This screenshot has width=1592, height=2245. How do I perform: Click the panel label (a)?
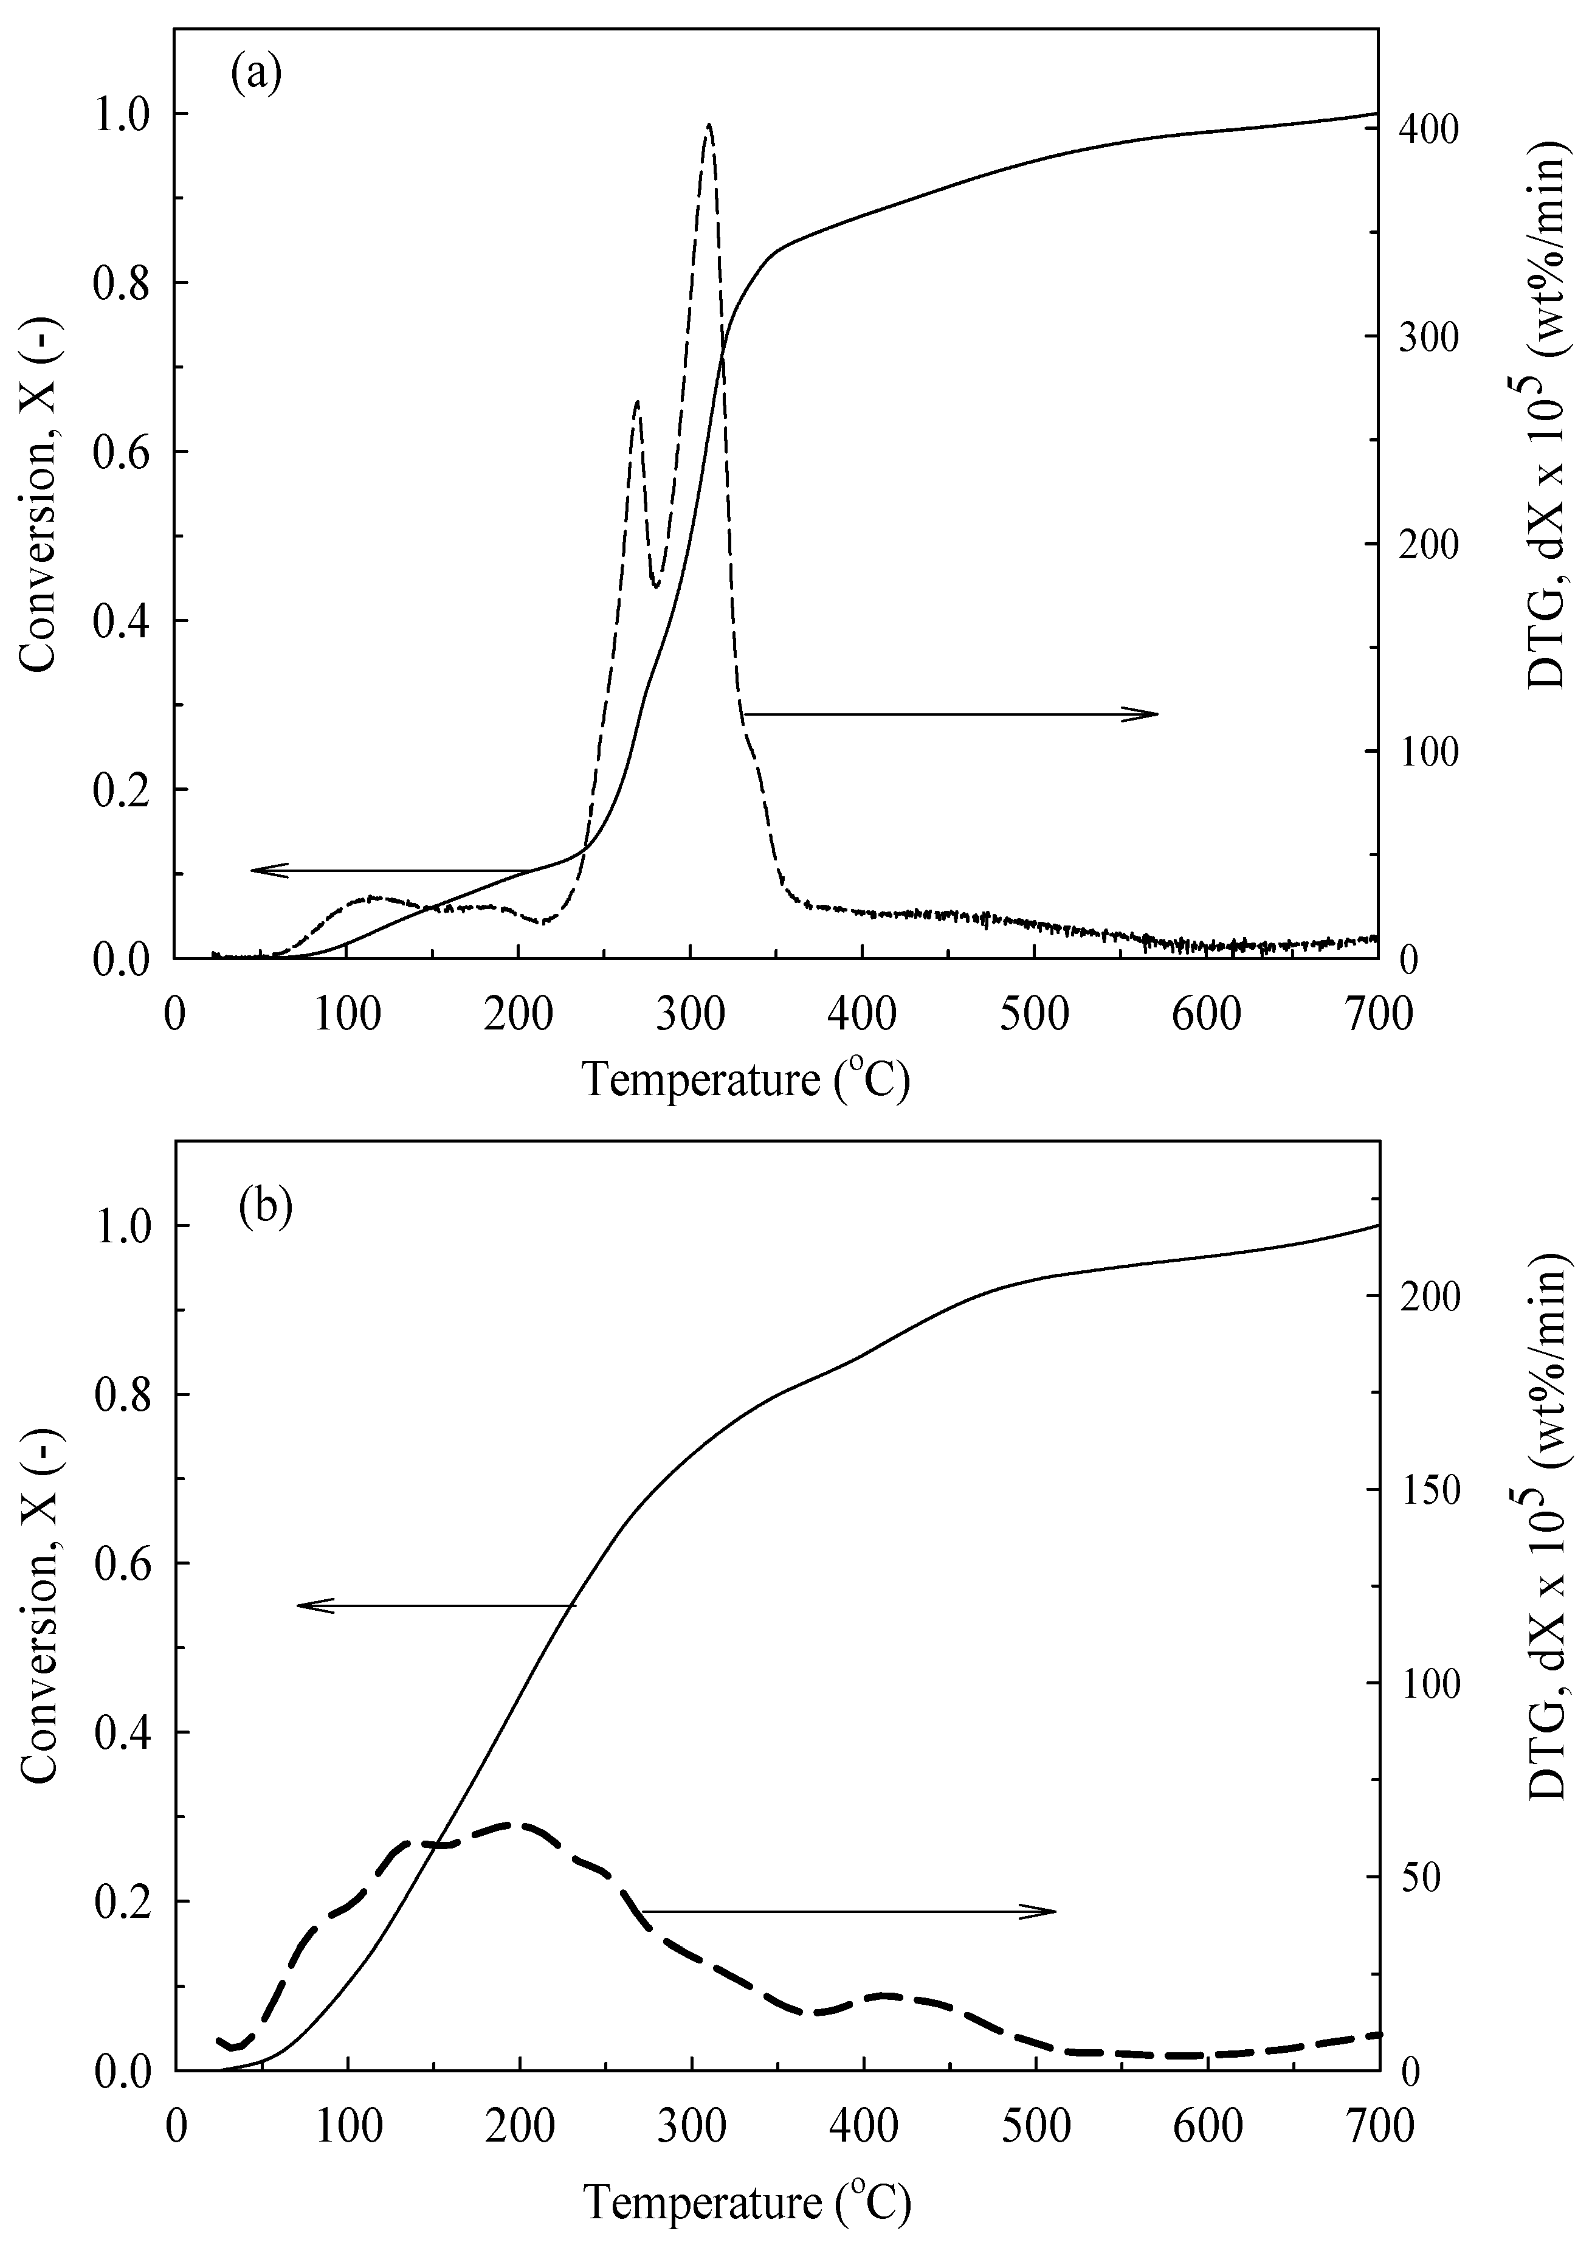coord(257,74)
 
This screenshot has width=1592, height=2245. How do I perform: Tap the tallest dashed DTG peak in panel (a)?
coord(709,125)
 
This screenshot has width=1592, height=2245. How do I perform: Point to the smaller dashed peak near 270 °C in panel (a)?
coord(637,402)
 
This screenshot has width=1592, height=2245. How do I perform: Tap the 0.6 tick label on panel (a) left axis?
coord(120,452)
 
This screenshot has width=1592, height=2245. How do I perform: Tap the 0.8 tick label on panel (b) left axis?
coord(120,1395)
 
